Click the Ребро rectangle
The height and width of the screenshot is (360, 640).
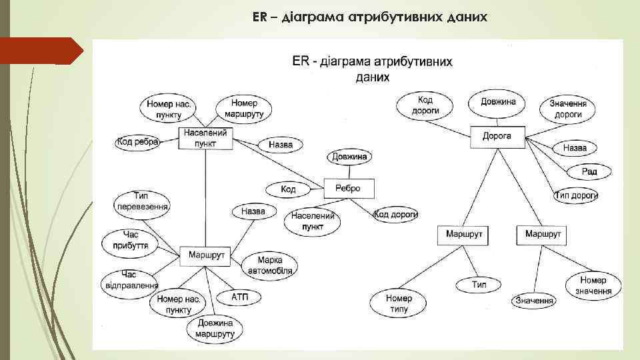[x=348, y=189]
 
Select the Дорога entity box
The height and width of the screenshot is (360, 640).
[x=497, y=137]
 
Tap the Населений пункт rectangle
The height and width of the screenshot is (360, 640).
[x=206, y=138]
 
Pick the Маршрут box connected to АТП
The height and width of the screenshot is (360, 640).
[x=205, y=255]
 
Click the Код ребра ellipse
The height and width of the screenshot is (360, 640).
[x=137, y=142]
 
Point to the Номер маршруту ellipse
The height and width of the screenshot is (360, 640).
[x=244, y=108]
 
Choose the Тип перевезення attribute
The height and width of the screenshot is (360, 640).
[x=142, y=201]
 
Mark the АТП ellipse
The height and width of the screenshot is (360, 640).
[x=241, y=296]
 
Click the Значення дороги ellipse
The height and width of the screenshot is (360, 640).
[x=568, y=109]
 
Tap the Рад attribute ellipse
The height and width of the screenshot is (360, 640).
[x=589, y=171]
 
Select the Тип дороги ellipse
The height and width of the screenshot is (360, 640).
[x=576, y=195]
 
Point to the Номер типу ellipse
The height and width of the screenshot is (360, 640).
[x=399, y=304]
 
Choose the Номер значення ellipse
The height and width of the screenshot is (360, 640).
[x=593, y=286]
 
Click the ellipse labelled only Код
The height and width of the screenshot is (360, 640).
[x=288, y=190]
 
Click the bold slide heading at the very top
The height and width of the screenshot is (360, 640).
[x=370, y=16]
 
